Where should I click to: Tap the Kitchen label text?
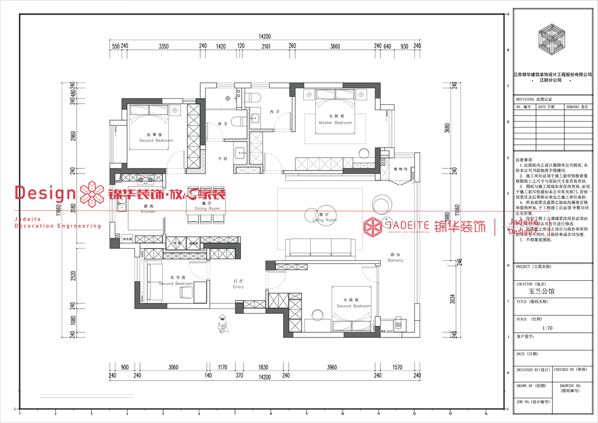(148, 209)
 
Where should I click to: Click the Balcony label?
(396, 258)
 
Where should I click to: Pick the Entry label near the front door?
(238, 284)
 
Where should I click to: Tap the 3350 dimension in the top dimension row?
(163, 47)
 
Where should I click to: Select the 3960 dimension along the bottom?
(332, 367)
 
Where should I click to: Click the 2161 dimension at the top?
(266, 47)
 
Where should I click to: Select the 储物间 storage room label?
(400, 169)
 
